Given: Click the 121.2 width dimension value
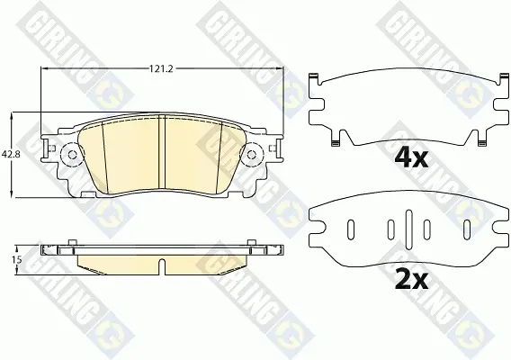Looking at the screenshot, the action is click(162, 68).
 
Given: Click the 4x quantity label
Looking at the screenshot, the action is click(411, 158).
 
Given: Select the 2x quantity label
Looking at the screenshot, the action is click(411, 280).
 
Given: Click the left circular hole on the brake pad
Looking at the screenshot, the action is click(72, 155).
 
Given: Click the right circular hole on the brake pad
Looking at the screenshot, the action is click(251, 155).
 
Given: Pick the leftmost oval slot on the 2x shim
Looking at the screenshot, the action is click(351, 229).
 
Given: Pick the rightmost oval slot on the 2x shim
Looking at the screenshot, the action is click(467, 229).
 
